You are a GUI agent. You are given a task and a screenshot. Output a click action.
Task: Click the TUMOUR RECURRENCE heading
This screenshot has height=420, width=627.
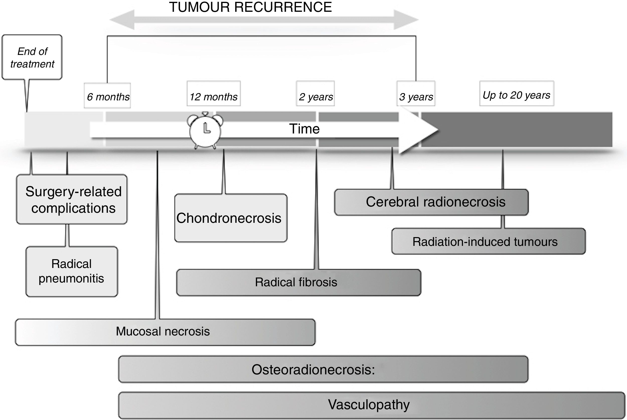click(x=250, y=7)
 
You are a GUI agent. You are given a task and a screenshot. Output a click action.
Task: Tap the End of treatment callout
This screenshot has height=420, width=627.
click(x=32, y=57)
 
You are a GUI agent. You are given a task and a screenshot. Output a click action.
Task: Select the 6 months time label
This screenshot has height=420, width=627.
click(x=108, y=96)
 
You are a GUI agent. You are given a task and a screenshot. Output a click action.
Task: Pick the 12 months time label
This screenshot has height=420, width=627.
click(x=213, y=96)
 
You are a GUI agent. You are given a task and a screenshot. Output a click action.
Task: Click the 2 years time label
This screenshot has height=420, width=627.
click(x=315, y=96)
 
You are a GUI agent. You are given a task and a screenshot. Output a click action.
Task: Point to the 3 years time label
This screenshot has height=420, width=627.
click(x=416, y=96)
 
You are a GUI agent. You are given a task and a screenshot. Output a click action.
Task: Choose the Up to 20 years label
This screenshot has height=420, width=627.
click(x=516, y=95)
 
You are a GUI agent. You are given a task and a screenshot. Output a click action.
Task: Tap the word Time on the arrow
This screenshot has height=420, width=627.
click(x=304, y=129)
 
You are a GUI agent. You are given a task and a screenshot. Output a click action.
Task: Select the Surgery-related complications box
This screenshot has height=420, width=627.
click(x=72, y=199)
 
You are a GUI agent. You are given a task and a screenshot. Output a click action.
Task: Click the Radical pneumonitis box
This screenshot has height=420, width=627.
click(x=71, y=271)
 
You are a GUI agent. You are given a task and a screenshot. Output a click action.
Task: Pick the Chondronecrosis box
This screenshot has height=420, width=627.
click(x=230, y=218)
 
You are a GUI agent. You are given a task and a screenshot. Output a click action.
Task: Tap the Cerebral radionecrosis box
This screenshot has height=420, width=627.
click(x=431, y=202)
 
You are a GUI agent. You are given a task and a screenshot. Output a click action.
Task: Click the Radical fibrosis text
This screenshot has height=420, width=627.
click(x=296, y=282)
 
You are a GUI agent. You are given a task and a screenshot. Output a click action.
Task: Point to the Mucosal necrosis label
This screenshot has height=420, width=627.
click(x=163, y=331)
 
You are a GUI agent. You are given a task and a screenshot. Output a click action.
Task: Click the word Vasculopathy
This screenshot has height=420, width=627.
click(x=368, y=404)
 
